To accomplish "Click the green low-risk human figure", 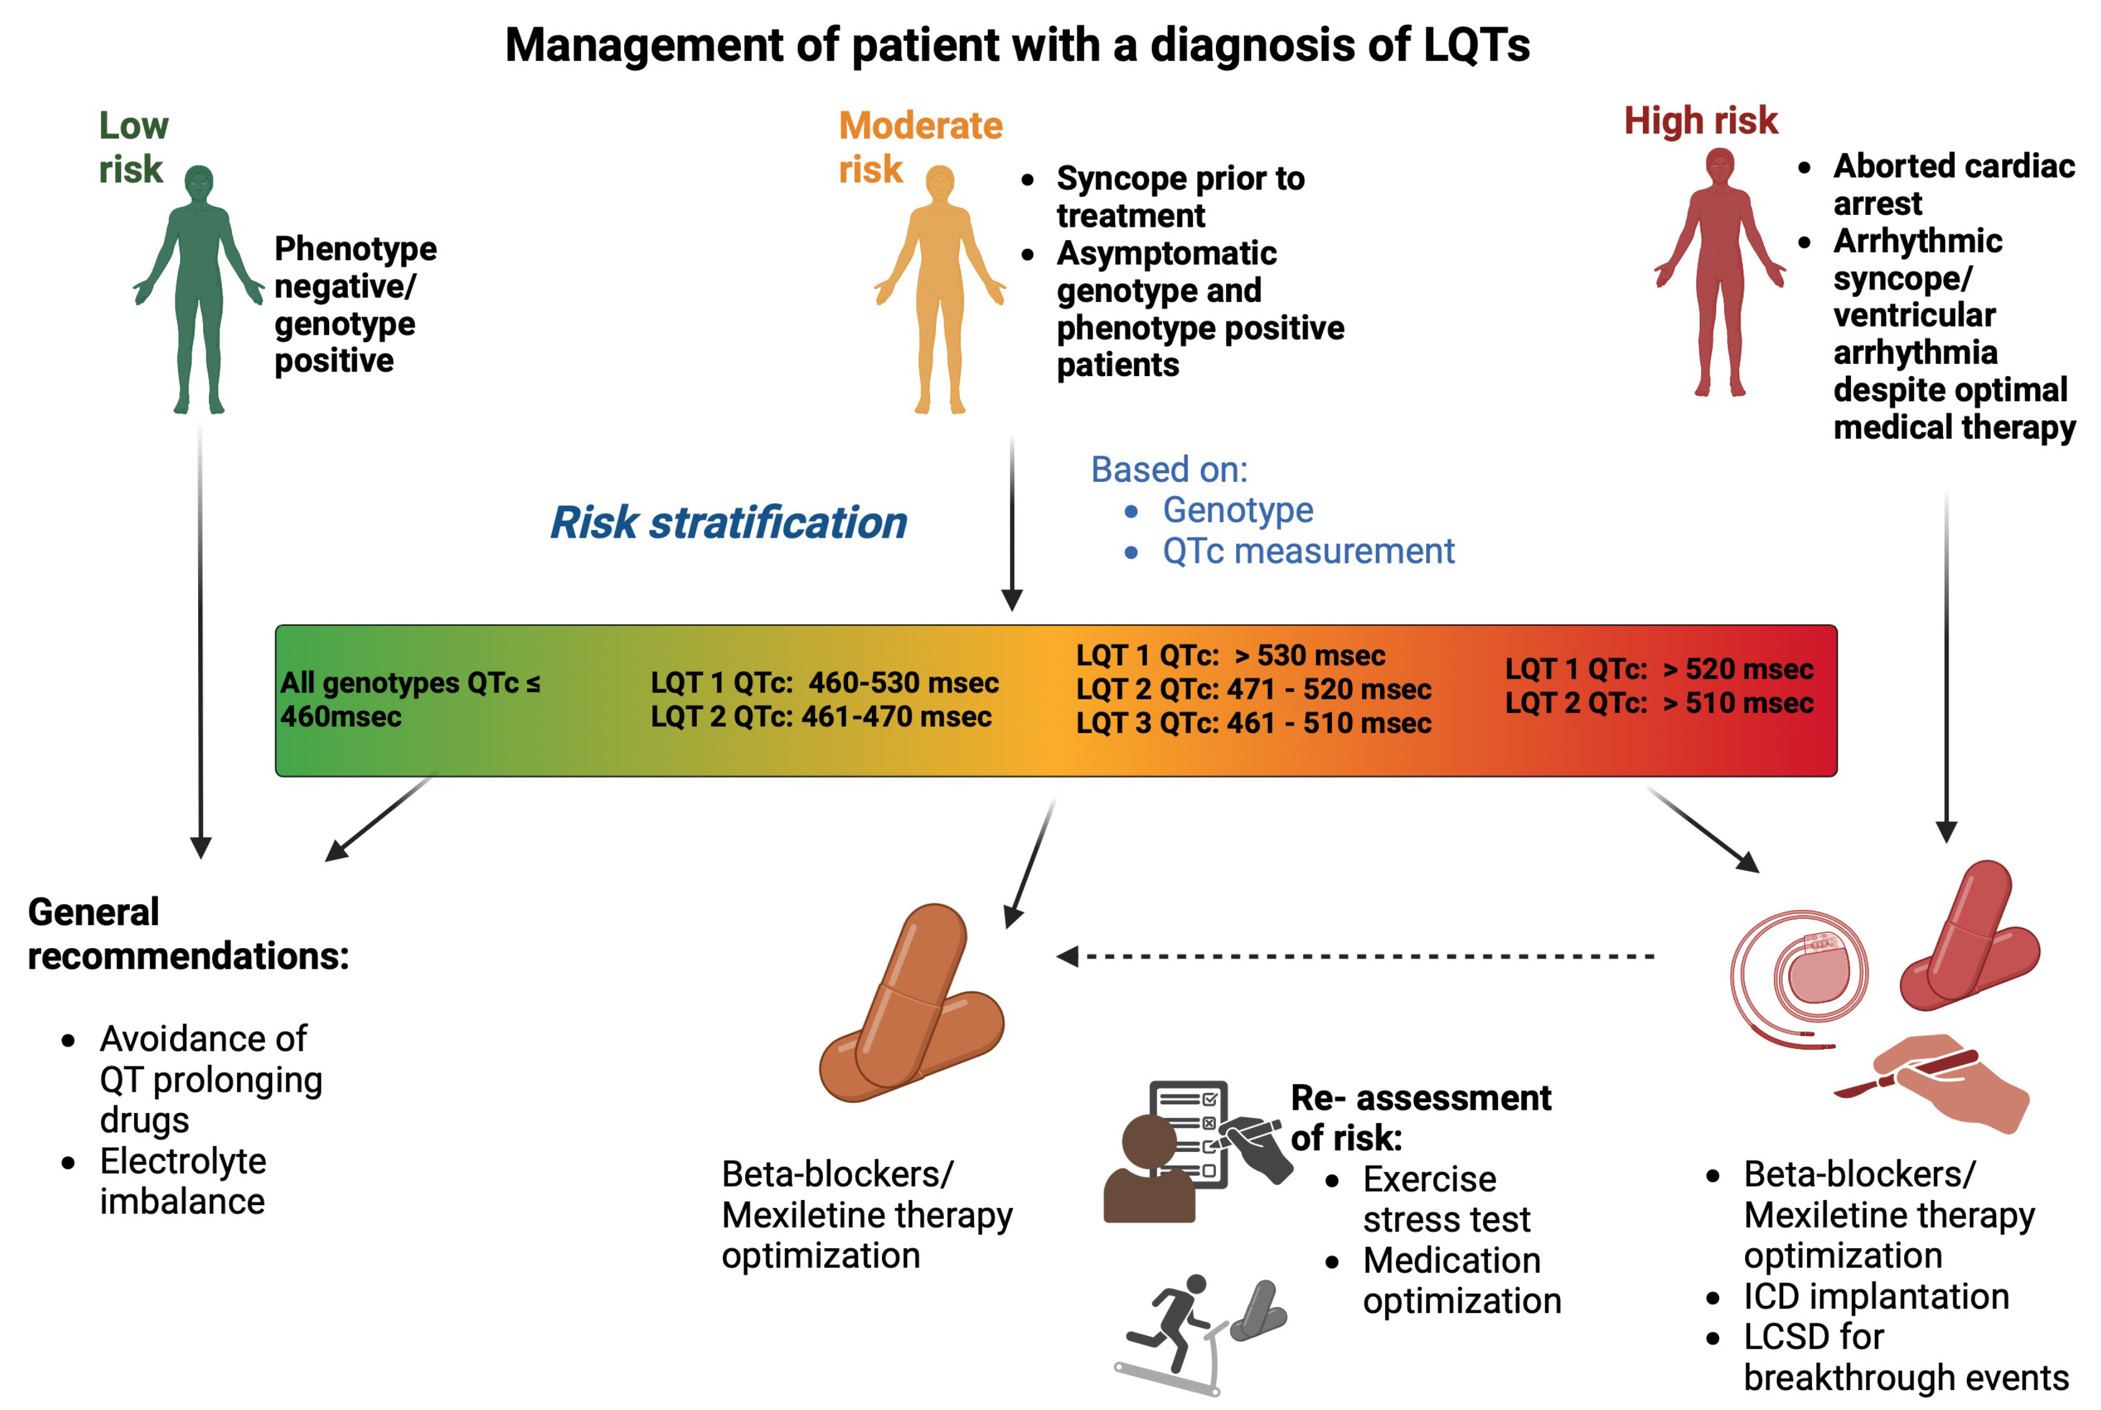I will pos(199,288).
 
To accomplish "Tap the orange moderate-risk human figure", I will pos(940,288).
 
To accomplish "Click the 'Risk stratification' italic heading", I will pos(728,523).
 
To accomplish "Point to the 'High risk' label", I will pos(1700,120).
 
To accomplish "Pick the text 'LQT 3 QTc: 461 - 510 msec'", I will pos(1253,723).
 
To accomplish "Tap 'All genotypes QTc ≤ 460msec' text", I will pos(409,699).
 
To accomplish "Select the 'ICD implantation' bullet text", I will pos(1875,1297).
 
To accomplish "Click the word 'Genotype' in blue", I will pos(1237,510).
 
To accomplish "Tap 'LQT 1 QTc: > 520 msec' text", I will pos(1658,669).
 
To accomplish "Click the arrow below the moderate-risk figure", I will pos(1012,521).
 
